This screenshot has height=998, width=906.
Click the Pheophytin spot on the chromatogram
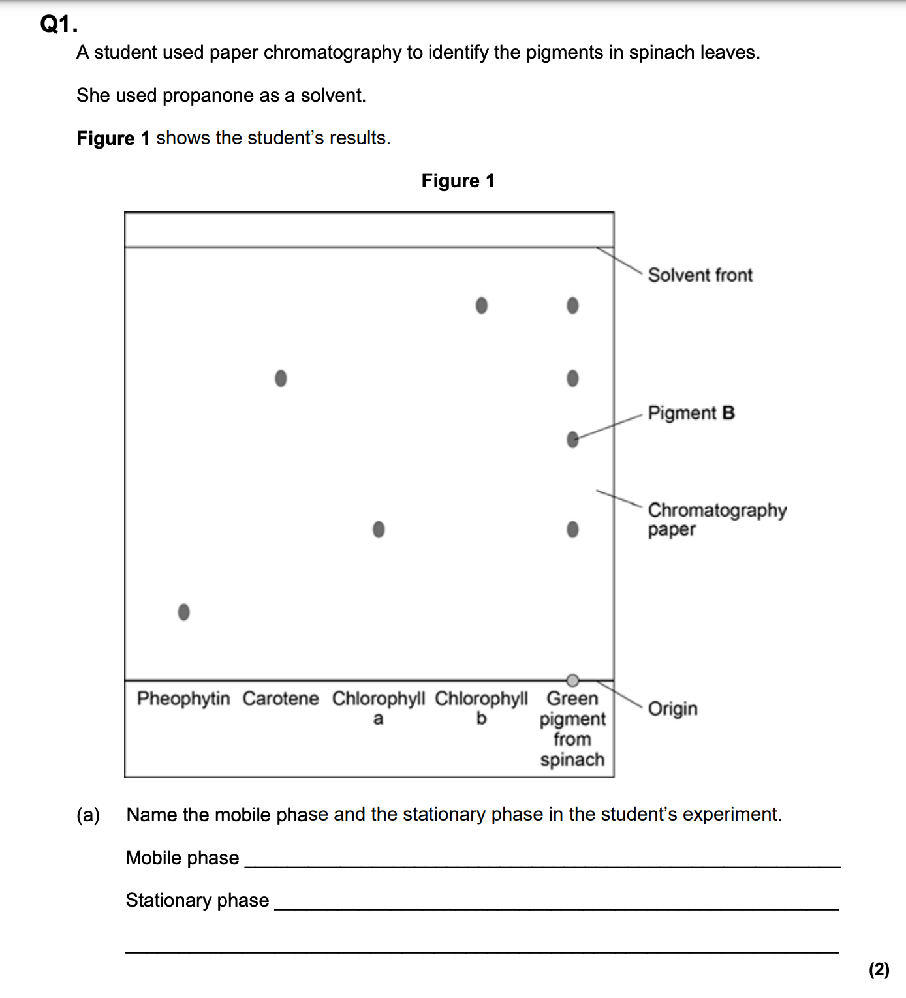click(x=184, y=612)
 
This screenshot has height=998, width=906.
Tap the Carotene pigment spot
click(x=281, y=378)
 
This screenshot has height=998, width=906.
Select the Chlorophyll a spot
click(x=379, y=529)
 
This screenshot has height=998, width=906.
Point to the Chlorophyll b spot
click(x=482, y=305)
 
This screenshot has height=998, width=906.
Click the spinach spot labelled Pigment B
click(x=572, y=440)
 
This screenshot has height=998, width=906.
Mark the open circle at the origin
click(x=572, y=680)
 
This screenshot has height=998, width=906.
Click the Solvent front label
click(x=700, y=275)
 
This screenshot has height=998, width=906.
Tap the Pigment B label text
click(x=691, y=413)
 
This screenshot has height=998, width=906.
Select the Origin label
click(x=672, y=708)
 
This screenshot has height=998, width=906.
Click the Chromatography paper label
click(x=717, y=519)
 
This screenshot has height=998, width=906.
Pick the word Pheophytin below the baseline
click(x=183, y=699)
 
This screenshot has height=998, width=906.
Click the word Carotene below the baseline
click(x=281, y=699)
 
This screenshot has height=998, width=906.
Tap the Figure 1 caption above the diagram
click(x=458, y=181)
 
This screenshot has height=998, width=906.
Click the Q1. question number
click(x=59, y=24)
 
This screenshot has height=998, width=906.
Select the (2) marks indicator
click(x=879, y=969)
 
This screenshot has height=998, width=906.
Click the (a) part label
click(x=88, y=815)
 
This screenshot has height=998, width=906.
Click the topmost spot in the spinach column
click(x=572, y=305)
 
